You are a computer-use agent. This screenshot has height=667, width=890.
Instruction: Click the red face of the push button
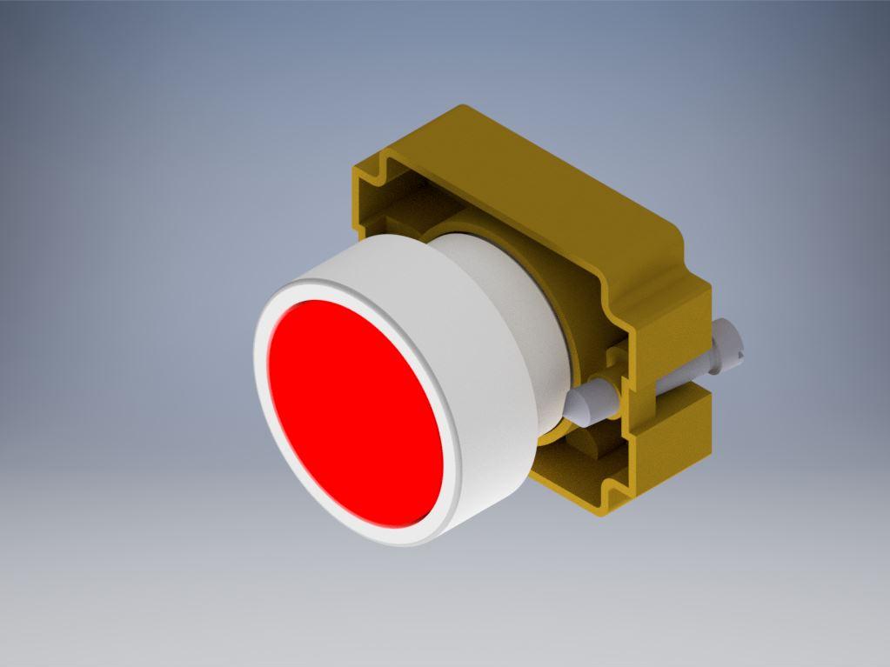point(352,409)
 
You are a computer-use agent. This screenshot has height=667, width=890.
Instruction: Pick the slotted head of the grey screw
point(726,344)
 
